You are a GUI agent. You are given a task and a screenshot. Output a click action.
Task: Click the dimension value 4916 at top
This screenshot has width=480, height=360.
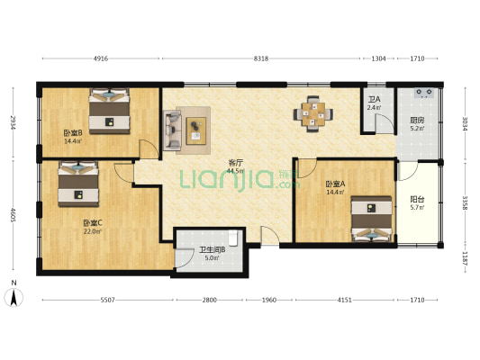[101, 58]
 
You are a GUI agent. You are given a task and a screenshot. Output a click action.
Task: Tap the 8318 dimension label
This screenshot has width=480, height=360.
[261, 58]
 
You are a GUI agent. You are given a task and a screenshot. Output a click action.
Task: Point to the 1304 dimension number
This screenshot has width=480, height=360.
[378, 58]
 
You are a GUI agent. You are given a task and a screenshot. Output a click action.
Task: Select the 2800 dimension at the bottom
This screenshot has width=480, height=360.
[210, 300]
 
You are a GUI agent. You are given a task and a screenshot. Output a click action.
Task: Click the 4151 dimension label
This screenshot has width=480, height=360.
[344, 300]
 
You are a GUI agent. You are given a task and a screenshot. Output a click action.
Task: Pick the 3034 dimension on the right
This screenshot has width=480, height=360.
[465, 123]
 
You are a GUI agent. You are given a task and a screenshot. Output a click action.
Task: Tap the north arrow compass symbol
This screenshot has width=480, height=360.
[14, 297]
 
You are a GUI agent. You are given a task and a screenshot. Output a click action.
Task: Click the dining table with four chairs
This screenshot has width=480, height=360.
[313, 114]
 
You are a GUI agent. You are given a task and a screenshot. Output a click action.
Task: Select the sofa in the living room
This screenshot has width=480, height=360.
[172, 130]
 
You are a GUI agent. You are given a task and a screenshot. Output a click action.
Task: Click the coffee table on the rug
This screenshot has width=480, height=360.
[196, 130]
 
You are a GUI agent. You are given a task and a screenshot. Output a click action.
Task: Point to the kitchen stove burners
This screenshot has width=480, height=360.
[424, 93]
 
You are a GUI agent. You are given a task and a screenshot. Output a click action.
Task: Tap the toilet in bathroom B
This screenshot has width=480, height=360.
[233, 238]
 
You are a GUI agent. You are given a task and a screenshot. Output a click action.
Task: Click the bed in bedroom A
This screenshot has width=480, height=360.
[371, 219]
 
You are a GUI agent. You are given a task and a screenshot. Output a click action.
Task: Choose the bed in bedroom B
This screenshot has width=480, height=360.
[109, 112]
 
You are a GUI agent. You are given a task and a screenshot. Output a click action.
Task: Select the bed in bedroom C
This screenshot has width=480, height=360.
[78, 184]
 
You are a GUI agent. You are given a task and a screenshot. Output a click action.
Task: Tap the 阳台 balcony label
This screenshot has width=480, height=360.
[417, 200]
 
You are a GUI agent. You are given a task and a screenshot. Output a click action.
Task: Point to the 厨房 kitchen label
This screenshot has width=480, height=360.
[417, 121]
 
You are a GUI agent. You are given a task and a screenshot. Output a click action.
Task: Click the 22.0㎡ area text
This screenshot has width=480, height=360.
[92, 231]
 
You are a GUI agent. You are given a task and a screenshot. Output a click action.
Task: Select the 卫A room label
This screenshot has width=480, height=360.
[374, 100]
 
